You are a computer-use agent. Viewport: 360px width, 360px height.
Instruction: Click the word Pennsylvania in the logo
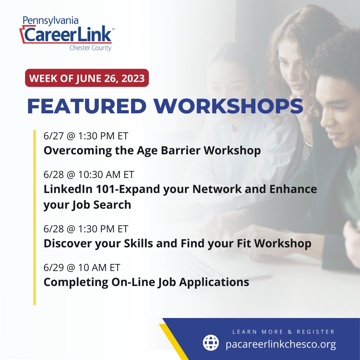point(51,21)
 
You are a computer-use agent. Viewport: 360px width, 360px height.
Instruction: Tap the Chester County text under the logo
point(90,48)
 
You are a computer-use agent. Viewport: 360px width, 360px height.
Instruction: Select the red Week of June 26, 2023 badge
point(87,78)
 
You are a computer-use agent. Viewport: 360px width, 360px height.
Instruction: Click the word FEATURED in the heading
point(87,106)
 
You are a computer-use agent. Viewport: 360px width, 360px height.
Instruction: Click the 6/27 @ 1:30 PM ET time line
point(86,136)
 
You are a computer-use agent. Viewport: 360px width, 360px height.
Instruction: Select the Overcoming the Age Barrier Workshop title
point(152,151)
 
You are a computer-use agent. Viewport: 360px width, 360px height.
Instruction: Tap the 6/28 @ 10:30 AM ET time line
point(89,175)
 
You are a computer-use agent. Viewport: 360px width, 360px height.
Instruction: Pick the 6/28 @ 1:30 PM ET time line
point(86,229)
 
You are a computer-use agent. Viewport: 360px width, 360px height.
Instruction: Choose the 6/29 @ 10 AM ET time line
point(82,268)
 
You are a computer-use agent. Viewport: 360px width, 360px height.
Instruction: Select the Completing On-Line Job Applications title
point(146,282)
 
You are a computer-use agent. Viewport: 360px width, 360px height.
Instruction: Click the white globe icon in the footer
point(211,343)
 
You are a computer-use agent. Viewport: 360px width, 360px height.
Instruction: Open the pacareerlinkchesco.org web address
point(281,344)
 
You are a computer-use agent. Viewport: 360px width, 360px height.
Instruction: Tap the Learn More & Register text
point(283,332)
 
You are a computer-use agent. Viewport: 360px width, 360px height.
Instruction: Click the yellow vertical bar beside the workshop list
point(34,217)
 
